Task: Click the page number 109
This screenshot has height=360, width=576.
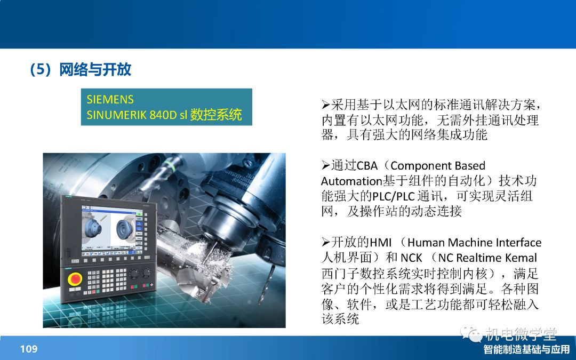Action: coord(29,349)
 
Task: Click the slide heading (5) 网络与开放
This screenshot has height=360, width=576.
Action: coord(81,69)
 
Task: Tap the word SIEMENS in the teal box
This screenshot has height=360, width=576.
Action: coord(110,99)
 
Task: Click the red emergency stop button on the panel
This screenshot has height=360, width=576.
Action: coord(75,278)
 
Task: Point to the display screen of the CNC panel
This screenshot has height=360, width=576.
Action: coord(111,230)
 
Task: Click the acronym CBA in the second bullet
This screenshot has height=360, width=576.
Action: coord(367,166)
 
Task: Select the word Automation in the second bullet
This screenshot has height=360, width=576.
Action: coord(351,181)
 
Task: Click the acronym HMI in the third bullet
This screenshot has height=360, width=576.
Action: coord(381,243)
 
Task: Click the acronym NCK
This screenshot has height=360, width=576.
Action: coord(411,258)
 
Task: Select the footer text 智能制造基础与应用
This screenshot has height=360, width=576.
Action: coord(526,349)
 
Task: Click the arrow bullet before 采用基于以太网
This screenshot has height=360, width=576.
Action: coord(326,105)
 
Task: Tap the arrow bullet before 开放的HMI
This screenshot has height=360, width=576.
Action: coord(326,243)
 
